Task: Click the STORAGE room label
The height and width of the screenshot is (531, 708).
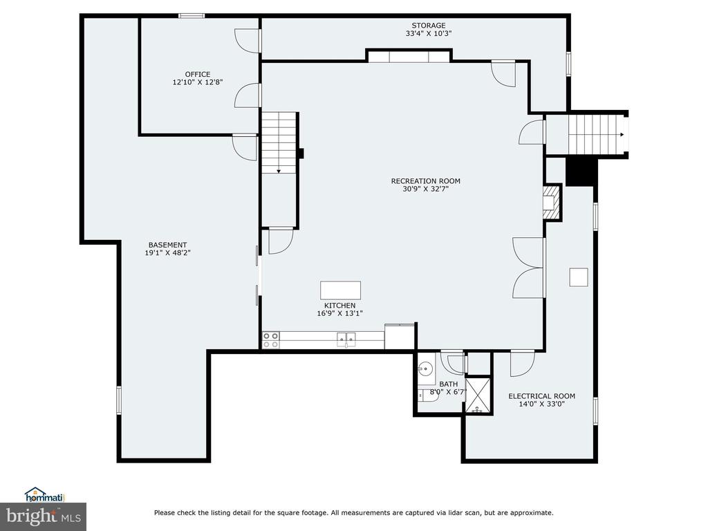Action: click(428, 26)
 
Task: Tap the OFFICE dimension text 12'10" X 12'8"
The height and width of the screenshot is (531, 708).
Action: click(198, 83)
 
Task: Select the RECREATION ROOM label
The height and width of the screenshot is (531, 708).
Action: click(426, 181)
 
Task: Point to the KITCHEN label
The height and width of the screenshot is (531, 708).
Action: click(340, 306)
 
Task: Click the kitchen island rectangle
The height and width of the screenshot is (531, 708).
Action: click(340, 290)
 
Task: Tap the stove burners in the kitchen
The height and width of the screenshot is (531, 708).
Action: click(271, 340)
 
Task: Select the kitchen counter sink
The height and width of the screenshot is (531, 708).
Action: click(346, 339)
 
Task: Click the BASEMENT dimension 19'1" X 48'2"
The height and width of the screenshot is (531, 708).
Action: click(167, 253)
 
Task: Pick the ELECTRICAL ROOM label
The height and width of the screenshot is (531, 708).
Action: click(542, 396)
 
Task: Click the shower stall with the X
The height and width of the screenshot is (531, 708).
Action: click(478, 395)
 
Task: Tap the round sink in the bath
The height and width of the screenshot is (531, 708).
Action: click(425, 368)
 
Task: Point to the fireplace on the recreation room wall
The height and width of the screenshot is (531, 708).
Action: click(551, 202)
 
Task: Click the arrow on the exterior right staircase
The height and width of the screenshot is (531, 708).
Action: click(622, 135)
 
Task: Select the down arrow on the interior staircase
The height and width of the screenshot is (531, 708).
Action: click(279, 171)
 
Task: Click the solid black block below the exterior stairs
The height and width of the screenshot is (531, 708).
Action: click(579, 171)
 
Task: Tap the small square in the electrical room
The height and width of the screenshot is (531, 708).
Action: click(579, 277)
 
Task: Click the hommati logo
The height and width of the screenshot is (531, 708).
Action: click(44, 495)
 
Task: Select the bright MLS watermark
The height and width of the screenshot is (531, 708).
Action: click(44, 516)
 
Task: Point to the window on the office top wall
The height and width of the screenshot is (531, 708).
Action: click(192, 16)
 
